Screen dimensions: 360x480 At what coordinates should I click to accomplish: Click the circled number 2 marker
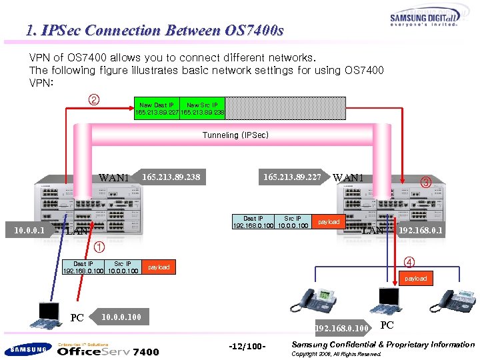point(94,101)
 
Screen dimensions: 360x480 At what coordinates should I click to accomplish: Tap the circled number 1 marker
point(99,246)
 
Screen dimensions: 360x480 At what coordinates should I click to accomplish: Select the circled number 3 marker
point(425,182)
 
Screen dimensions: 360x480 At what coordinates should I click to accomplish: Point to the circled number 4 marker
point(409,261)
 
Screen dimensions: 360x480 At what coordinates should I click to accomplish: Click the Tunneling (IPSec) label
point(235,135)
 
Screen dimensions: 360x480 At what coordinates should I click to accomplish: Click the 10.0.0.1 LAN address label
point(29,231)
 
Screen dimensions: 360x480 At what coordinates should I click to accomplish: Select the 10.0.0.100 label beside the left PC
point(122,317)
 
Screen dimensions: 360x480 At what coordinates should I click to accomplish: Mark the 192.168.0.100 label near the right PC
point(342,328)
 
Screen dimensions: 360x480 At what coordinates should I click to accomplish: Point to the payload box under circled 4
point(415,278)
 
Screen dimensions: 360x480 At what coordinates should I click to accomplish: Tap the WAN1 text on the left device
point(113,178)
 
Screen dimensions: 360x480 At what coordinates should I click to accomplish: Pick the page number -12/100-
point(247,347)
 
